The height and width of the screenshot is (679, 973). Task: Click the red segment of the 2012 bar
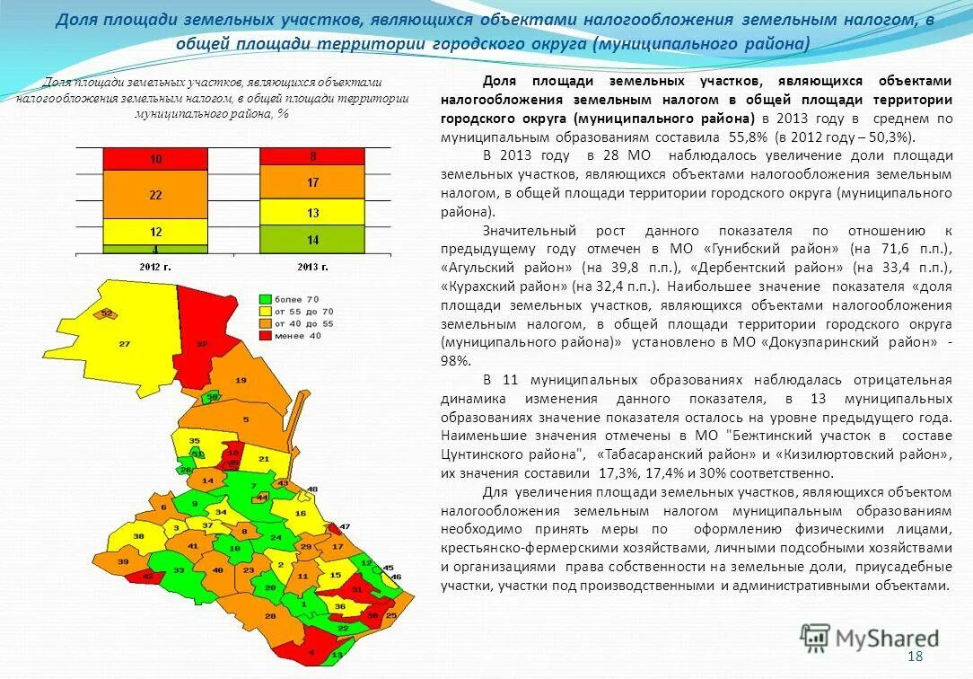(x=155, y=159)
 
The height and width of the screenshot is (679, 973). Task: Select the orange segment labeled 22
(x=155, y=194)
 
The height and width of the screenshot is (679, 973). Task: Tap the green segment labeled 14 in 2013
(x=311, y=239)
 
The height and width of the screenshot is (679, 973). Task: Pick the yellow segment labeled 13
(x=311, y=212)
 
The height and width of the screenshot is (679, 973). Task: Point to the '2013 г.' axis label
(x=311, y=267)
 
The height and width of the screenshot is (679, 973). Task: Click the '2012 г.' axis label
(x=155, y=267)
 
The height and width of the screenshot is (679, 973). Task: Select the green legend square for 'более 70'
(x=265, y=298)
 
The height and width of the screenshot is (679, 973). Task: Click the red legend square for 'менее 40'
(x=265, y=334)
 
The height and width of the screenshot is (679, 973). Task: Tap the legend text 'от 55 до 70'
(x=304, y=310)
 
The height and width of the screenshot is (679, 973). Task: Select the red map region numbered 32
(x=202, y=343)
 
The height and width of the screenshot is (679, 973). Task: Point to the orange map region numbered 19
(x=240, y=380)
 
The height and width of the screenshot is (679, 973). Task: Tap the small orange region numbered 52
(x=107, y=313)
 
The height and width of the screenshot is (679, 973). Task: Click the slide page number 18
(x=916, y=657)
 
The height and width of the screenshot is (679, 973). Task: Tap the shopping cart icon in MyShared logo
(x=815, y=638)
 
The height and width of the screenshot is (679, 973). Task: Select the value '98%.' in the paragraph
(x=455, y=360)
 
